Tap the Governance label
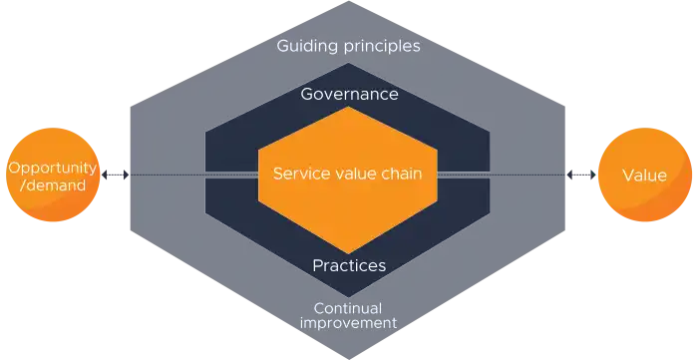pyautogui.click(x=349, y=95)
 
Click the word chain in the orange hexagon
pyautogui.click(x=401, y=174)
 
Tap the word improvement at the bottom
pyautogui.click(x=349, y=322)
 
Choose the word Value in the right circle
pyautogui.click(x=644, y=176)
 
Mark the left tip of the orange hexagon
pyautogui.click(x=258, y=177)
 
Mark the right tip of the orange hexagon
pyautogui.click(x=440, y=177)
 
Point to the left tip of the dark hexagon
pyautogui.click(x=127, y=178)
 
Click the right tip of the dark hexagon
pyautogui.click(x=569, y=176)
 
